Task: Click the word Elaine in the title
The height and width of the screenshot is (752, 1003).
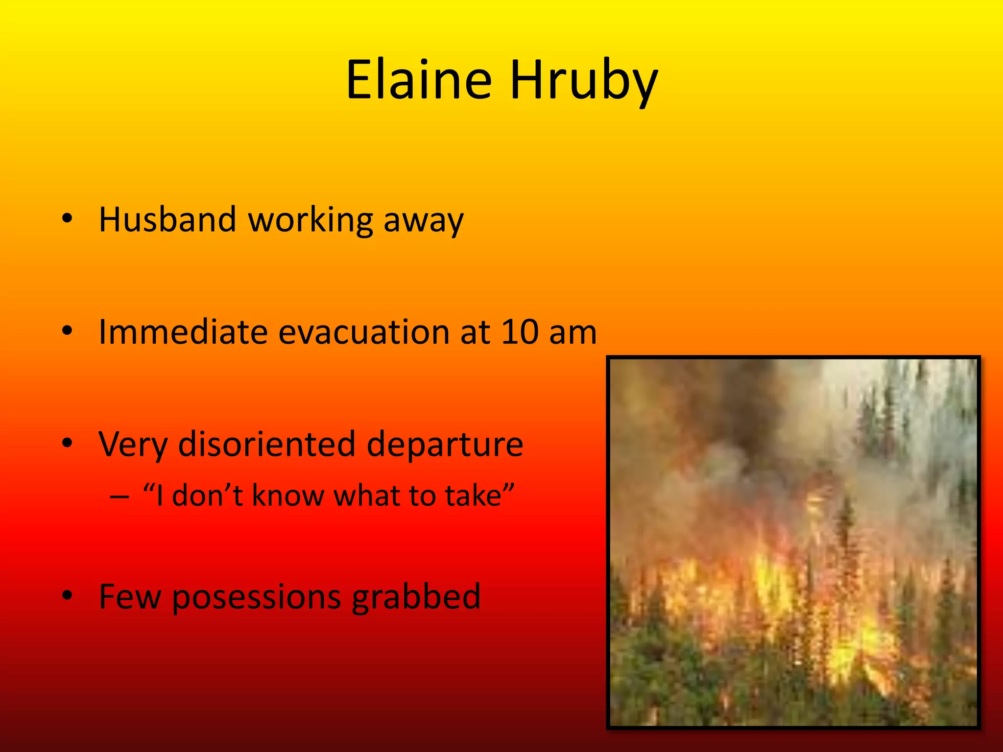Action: (x=419, y=80)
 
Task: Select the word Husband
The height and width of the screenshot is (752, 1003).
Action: (x=167, y=219)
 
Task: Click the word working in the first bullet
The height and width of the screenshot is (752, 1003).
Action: (x=311, y=220)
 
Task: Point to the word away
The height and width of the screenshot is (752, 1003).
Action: (x=423, y=221)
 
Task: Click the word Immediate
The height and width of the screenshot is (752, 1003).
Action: (x=183, y=332)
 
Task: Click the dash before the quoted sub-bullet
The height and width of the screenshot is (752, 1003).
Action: (x=119, y=496)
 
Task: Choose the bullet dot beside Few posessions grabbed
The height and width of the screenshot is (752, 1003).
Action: (x=68, y=595)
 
